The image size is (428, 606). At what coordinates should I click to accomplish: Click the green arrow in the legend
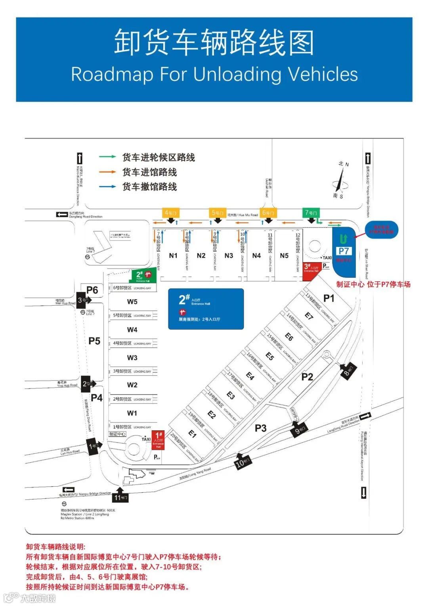point(107,157)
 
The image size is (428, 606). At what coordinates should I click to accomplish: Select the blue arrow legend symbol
point(107,187)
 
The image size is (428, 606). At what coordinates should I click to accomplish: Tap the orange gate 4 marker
point(170,213)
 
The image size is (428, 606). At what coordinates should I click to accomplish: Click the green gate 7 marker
point(311,213)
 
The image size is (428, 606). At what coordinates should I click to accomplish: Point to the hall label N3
point(229,256)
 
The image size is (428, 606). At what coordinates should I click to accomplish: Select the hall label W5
point(132,302)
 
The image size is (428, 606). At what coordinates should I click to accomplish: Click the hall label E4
point(250,375)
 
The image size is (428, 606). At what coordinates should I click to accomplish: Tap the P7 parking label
point(344,251)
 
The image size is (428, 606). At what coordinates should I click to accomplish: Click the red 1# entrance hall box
point(158,440)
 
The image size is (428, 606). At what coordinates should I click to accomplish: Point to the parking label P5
point(94,341)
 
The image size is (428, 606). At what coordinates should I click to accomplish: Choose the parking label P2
point(307,377)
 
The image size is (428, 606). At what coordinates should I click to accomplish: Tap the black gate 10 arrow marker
point(242,462)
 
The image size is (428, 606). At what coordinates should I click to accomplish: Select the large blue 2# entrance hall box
point(206,309)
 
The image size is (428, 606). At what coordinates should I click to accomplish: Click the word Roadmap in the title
point(112,74)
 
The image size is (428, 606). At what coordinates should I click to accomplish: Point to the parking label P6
point(92,290)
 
